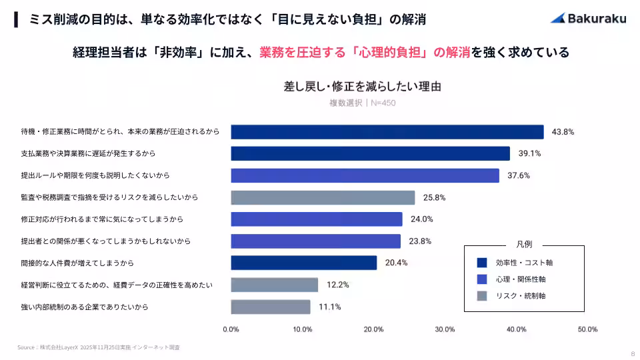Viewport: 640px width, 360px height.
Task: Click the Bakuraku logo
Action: coord(588,18)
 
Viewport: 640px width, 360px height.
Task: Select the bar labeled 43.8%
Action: coord(387,132)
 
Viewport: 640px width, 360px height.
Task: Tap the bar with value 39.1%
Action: coord(370,153)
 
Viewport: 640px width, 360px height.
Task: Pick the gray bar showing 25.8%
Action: coord(323,197)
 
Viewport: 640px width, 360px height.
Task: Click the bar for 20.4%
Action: coord(303,263)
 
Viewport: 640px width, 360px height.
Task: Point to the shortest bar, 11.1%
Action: coord(271,307)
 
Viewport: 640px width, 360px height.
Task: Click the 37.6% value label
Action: coord(519,176)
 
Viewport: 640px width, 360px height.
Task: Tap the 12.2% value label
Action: coord(338,285)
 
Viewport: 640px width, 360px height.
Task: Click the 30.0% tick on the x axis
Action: coord(445,329)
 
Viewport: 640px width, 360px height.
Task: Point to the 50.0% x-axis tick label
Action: coord(587,329)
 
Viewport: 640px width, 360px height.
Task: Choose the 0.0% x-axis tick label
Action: coord(231,329)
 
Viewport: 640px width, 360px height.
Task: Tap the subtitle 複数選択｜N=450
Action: coord(363,103)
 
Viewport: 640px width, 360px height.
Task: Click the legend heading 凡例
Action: coord(524,245)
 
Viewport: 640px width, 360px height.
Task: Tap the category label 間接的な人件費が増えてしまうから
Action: coord(77,263)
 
